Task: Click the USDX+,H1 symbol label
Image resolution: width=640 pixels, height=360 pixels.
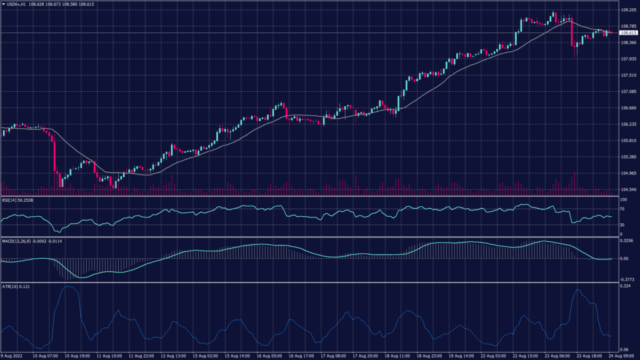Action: (18, 4)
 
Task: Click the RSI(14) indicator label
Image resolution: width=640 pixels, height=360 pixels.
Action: (14, 201)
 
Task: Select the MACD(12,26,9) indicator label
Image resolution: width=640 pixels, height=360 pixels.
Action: (19, 241)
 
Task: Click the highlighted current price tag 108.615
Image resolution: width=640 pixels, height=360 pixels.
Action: (627, 32)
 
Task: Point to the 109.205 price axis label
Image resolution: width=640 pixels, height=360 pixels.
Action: (627, 10)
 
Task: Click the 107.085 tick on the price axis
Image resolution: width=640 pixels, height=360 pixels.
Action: (627, 91)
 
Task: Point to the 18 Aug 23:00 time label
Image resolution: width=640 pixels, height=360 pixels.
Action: (430, 355)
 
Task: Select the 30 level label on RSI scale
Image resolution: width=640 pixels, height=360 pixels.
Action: (622, 224)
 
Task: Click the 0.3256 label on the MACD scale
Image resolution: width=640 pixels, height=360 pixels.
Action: (626, 240)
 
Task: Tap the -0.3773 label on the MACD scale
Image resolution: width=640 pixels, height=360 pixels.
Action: (626, 279)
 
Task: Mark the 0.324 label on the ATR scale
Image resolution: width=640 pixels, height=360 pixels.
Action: (624, 286)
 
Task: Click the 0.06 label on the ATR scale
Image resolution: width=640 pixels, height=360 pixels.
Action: (623, 349)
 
